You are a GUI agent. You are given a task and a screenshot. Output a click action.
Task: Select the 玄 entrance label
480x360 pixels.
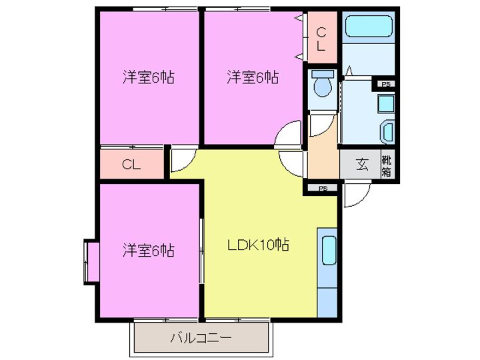[361, 165]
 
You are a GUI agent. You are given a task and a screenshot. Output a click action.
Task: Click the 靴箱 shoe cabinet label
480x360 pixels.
[386, 165]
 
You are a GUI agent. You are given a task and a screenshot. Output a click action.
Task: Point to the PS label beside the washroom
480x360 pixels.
[385, 85]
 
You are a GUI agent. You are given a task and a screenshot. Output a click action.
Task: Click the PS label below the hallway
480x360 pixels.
[323, 189]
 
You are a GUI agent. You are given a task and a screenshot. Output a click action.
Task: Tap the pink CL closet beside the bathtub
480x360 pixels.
[321, 38]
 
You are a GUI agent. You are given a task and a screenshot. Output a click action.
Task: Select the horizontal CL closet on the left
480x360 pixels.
[131, 165]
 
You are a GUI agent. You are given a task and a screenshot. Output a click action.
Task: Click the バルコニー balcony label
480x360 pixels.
[201, 338]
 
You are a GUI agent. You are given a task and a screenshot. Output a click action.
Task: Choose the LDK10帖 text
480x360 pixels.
[259, 245]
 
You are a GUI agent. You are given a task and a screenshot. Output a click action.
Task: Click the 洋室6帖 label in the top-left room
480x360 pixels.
[148, 77]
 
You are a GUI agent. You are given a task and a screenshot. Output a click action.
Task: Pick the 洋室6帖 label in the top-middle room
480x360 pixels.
[252, 77]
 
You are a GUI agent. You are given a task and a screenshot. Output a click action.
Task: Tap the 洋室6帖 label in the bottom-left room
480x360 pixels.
[148, 251]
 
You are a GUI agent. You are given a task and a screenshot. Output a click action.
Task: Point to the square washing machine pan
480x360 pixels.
[385, 105]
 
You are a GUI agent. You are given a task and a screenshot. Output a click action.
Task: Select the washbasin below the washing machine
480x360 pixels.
[387, 132]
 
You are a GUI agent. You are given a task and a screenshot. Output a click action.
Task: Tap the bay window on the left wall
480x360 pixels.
[91, 261]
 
